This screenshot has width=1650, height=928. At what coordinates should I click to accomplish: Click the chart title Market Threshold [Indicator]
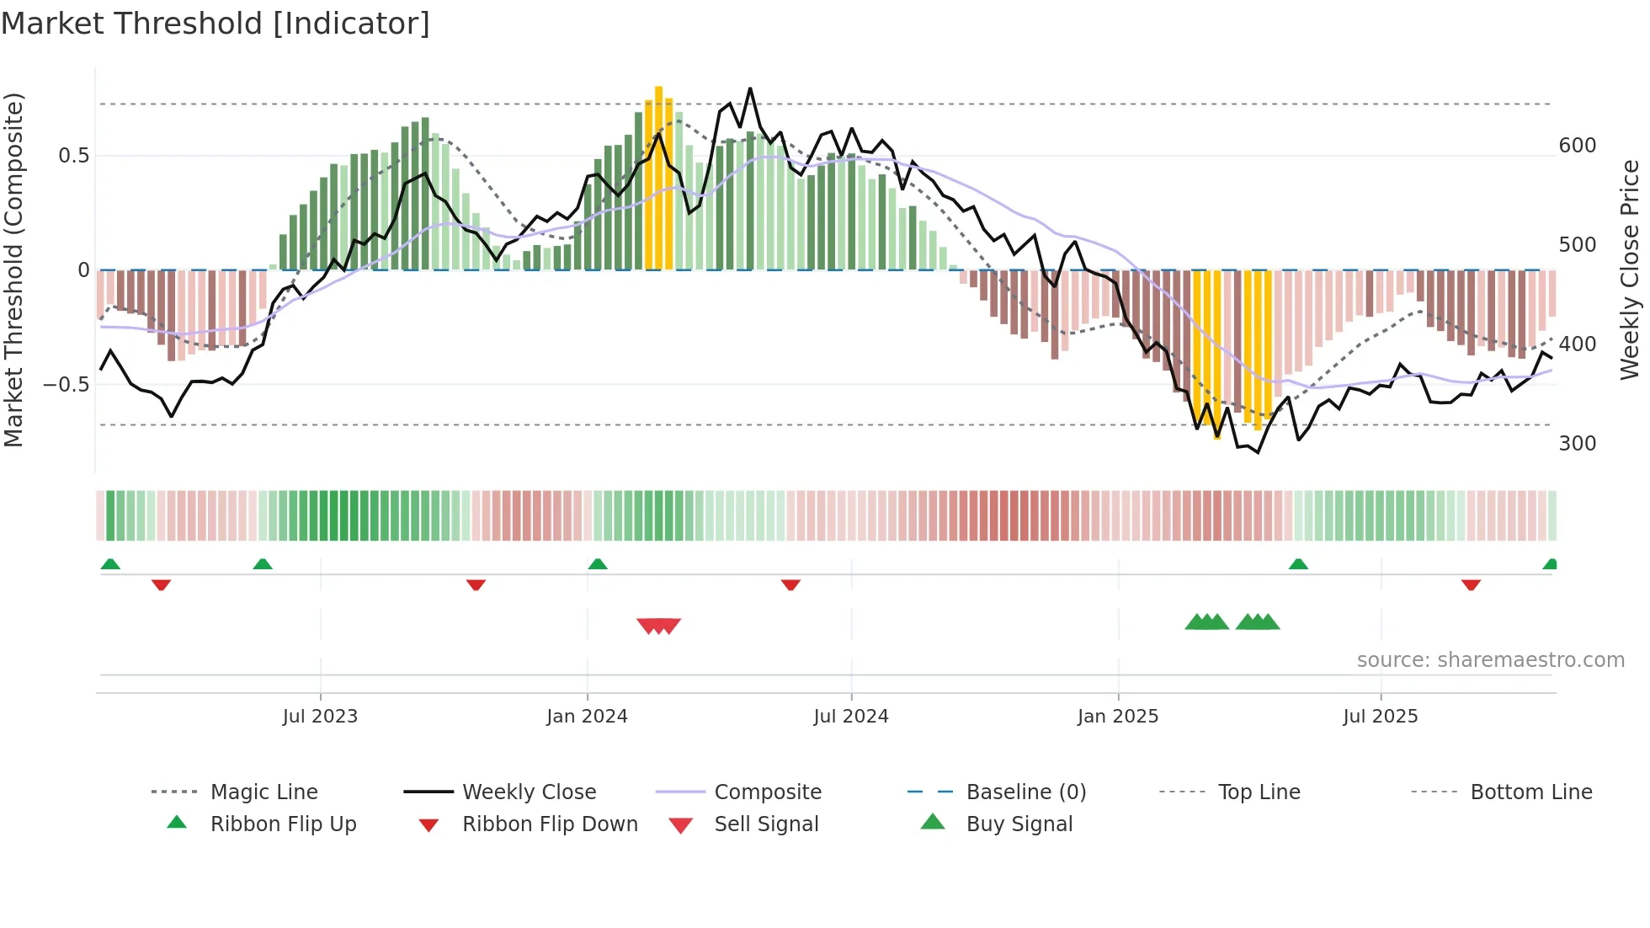216,24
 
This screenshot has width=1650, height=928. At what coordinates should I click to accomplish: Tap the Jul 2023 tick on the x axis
320,717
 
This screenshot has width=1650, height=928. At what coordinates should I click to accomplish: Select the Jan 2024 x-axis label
587,717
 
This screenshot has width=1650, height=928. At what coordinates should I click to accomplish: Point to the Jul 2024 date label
850,717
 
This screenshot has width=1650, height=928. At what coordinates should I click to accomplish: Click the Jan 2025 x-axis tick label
1118,717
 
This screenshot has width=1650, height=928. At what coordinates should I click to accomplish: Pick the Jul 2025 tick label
1381,717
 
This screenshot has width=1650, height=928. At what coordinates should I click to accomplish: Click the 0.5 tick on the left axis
74,156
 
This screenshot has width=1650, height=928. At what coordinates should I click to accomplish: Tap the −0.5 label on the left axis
67,385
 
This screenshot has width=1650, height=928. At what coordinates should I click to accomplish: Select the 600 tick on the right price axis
1577,146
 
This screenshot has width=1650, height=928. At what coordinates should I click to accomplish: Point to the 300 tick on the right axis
1577,444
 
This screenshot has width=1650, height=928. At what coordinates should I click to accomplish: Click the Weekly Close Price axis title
1630,269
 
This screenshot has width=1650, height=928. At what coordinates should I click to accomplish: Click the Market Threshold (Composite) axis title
13,269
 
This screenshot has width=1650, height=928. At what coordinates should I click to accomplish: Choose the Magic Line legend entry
263,792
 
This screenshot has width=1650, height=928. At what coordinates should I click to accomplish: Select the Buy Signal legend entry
1019,824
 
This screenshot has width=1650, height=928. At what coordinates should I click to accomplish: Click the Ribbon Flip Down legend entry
550,824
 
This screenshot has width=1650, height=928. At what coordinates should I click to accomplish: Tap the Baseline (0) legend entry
1025,792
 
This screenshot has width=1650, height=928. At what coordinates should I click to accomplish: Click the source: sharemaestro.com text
1490,660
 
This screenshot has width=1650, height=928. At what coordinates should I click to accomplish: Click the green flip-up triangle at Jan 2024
598,564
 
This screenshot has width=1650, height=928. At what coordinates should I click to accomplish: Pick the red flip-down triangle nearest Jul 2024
790,584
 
